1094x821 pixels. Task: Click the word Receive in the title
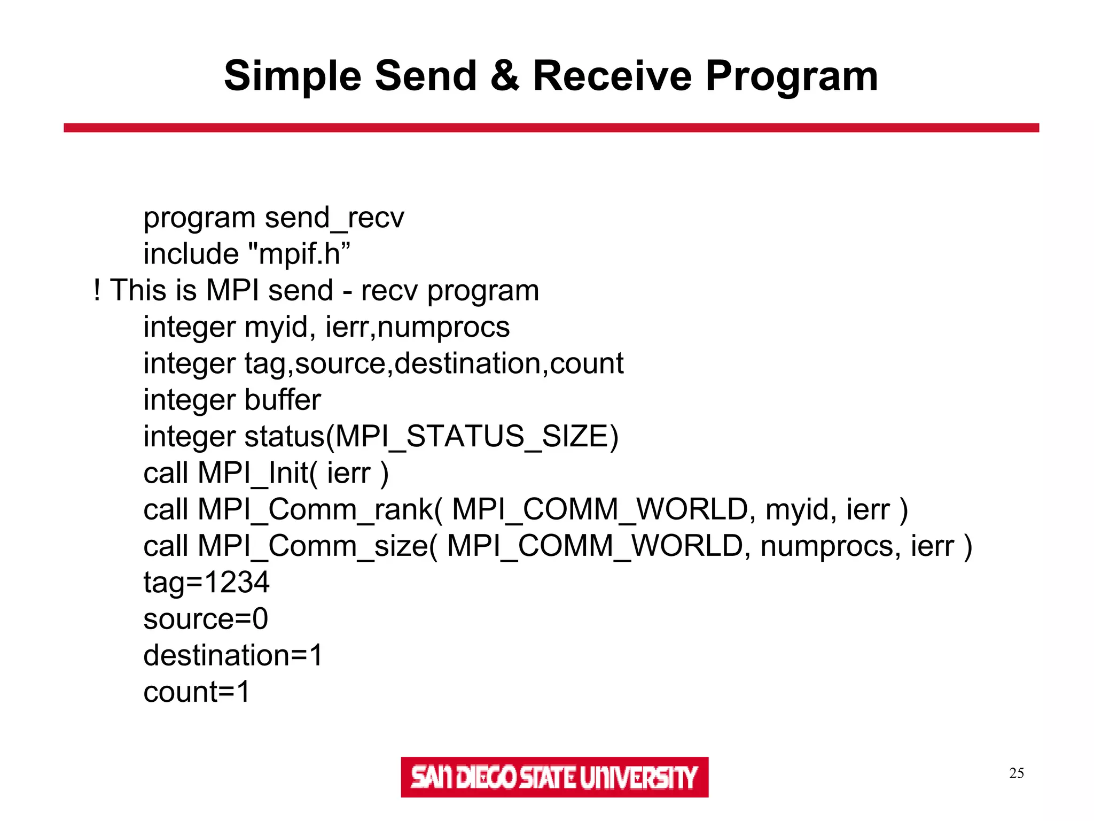pos(613,76)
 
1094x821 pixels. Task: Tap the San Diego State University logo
pos(554,777)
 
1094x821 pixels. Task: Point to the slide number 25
pos(1016,773)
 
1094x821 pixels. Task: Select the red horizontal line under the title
pos(551,128)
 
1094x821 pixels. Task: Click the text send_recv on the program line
pos(334,218)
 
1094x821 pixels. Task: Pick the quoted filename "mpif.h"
pos(300,254)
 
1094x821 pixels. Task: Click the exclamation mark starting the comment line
pos(97,290)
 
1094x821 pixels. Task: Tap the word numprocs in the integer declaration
pos(443,327)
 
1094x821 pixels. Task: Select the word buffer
pos(283,400)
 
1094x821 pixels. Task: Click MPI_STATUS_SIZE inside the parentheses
pos(472,436)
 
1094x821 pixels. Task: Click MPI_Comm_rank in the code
pos(315,509)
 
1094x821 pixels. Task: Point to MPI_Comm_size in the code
pos(312,546)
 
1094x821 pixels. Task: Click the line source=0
pos(206,619)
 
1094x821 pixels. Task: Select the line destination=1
pos(233,655)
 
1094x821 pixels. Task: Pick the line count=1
pos(197,692)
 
